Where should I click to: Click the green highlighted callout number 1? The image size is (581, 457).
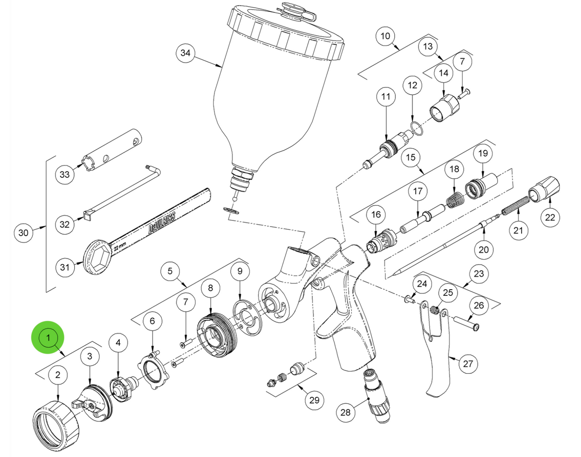pyautogui.click(x=48, y=338)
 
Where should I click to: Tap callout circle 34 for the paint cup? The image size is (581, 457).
pyautogui.click(x=185, y=53)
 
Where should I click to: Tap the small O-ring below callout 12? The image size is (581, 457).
pyautogui.click(x=415, y=128)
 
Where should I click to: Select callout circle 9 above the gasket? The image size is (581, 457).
pyautogui.click(x=240, y=272)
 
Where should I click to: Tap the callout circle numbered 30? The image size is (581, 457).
pyautogui.click(x=23, y=233)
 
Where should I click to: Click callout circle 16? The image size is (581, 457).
pyautogui.click(x=375, y=216)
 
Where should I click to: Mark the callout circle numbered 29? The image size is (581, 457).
pyautogui.click(x=314, y=400)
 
